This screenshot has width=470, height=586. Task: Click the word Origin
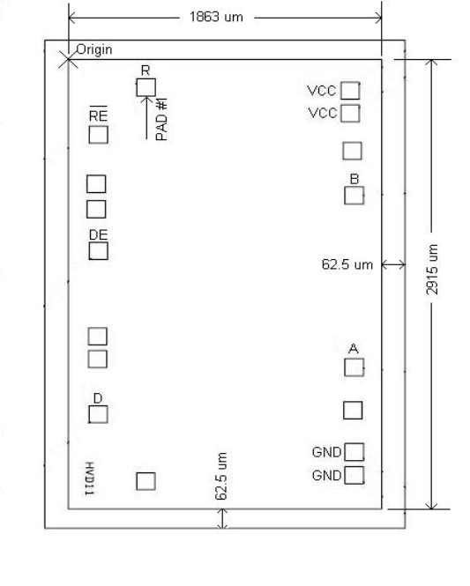pyautogui.click(x=94, y=49)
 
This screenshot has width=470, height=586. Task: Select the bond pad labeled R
pyautogui.click(x=145, y=86)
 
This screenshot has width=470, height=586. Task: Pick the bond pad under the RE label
pyautogui.click(x=99, y=135)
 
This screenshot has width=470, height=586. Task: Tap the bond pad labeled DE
pyautogui.click(x=99, y=251)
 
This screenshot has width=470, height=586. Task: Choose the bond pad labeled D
pyautogui.click(x=99, y=414)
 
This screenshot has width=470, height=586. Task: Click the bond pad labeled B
pyautogui.click(x=354, y=195)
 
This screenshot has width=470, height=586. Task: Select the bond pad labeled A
pyautogui.click(x=354, y=367)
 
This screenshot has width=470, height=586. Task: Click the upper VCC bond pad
pyautogui.click(x=351, y=90)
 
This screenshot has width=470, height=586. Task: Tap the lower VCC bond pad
pyautogui.click(x=351, y=113)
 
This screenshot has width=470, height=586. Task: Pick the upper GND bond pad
pyautogui.click(x=354, y=452)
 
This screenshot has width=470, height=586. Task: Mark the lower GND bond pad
pyautogui.click(x=354, y=476)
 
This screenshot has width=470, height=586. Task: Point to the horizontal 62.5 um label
pyautogui.click(x=348, y=264)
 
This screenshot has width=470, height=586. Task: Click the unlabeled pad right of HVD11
pyautogui.click(x=145, y=480)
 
